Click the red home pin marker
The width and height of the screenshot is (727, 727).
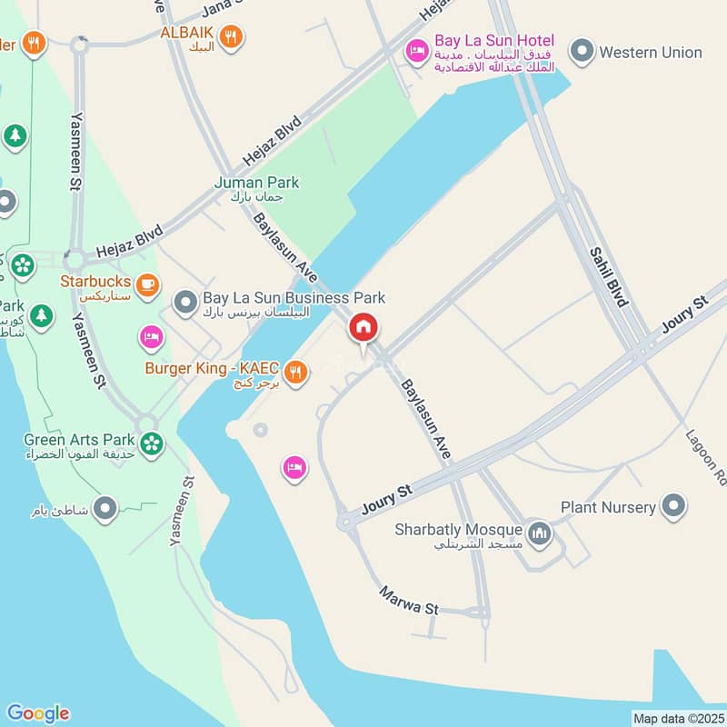[363, 328]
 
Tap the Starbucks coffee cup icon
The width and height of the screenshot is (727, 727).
[148, 284]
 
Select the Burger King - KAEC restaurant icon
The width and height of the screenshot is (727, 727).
[294, 372]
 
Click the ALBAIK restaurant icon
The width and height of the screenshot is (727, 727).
[233, 36]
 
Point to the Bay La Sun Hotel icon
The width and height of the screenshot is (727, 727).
[416, 50]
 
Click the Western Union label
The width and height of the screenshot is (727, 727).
[651, 53]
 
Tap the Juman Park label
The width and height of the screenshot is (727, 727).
[256, 183]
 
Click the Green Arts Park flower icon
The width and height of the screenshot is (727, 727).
[152, 443]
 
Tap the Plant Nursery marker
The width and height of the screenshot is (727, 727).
[673, 505]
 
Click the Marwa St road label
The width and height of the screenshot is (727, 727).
[409, 601]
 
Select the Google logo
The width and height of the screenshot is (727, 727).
[37, 713]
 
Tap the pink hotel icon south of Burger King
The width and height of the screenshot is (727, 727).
[294, 468]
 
